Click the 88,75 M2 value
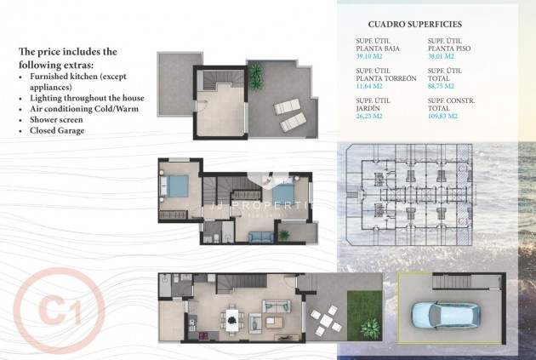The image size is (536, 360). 442,87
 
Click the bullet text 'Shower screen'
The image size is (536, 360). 61,120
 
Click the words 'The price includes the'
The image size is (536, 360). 68,52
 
